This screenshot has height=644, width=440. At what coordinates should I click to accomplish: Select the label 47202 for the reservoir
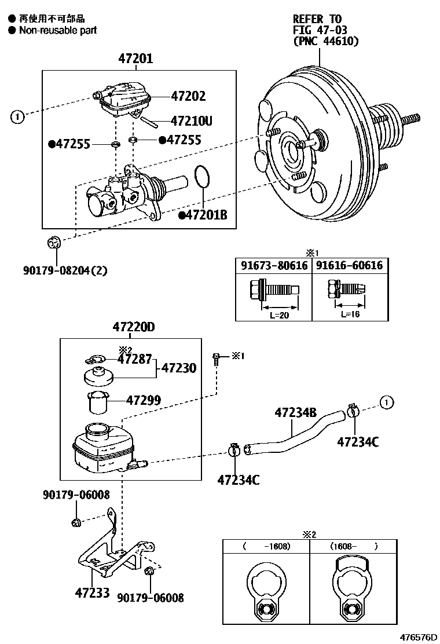click(188, 96)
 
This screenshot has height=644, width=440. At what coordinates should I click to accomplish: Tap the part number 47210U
click(191, 121)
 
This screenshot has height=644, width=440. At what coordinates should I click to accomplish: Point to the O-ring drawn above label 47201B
click(201, 177)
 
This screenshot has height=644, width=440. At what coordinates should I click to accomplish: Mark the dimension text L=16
click(350, 313)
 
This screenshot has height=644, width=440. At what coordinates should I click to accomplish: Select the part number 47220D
click(134, 327)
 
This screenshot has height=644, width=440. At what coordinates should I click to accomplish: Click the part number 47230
click(178, 368)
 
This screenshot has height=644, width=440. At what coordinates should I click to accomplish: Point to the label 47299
click(144, 400)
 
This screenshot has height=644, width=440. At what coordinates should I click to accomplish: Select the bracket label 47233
click(92, 593)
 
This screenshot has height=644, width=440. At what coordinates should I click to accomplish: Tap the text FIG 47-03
click(318, 30)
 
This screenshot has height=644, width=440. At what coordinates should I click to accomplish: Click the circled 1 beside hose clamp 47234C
click(386, 401)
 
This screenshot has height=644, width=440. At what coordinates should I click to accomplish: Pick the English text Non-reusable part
click(58, 30)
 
